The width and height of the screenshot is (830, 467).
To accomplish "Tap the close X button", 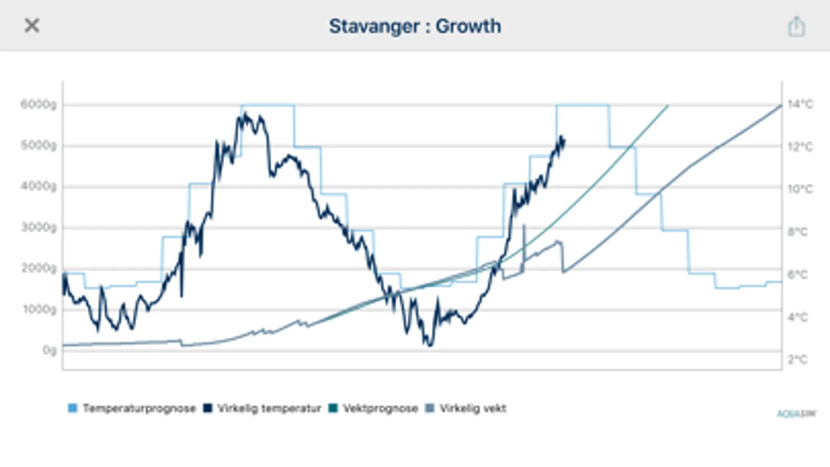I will (x=32, y=25).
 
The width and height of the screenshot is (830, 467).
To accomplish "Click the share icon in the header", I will (x=796, y=26).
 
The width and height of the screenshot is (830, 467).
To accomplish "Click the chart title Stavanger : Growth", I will (x=415, y=26).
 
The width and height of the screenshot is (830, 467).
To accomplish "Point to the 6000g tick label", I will (x=38, y=104).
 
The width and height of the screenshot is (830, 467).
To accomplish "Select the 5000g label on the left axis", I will (x=38, y=145).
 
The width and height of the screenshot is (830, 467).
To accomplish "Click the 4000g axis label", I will (x=38, y=186).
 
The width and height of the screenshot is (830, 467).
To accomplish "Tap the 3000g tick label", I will (x=38, y=227).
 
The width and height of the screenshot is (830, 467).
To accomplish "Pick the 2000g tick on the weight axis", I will (x=38, y=268).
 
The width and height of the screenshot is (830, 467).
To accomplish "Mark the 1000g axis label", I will (x=38, y=309).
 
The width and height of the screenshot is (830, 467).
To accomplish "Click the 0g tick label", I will (x=49, y=350).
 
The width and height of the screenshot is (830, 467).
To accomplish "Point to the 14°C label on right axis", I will (x=800, y=104).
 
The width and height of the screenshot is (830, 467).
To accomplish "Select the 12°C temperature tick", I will (x=800, y=147).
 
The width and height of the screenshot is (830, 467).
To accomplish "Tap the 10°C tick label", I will (x=800, y=189).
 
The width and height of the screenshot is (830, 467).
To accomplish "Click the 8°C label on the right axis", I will (x=797, y=232).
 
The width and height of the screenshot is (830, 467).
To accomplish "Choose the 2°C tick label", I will (x=797, y=360).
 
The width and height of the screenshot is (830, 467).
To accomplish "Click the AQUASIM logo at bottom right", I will (x=796, y=414).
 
